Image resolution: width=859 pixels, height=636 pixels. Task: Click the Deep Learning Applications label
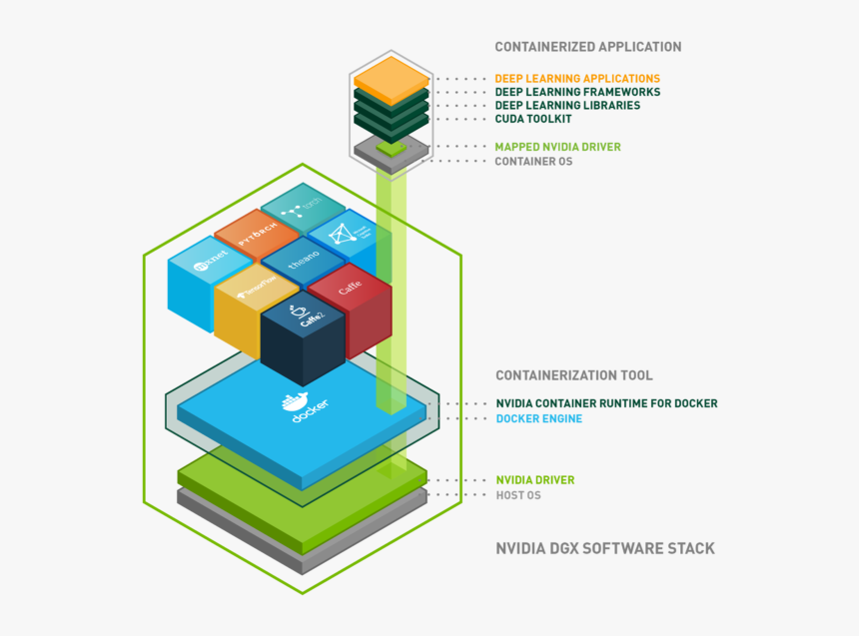click(577, 78)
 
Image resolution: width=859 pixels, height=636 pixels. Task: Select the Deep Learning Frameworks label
click(577, 92)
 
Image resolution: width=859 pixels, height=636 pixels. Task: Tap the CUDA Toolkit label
click(533, 119)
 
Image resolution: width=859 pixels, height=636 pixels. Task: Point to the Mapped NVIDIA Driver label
click(557, 147)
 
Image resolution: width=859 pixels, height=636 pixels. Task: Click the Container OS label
click(534, 161)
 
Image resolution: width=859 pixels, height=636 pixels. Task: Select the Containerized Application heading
click(588, 47)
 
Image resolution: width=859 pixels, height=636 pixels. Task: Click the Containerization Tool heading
click(574, 375)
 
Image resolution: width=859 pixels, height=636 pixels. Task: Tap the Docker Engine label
click(538, 418)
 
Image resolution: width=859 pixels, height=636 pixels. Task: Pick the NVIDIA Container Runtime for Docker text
click(606, 403)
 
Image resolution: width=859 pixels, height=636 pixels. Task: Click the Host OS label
click(518, 495)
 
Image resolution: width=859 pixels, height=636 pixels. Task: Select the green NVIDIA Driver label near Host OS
click(534, 480)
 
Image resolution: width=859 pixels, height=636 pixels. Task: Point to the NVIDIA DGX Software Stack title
click(605, 548)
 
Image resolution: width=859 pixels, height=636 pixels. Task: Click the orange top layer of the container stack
click(391, 75)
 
